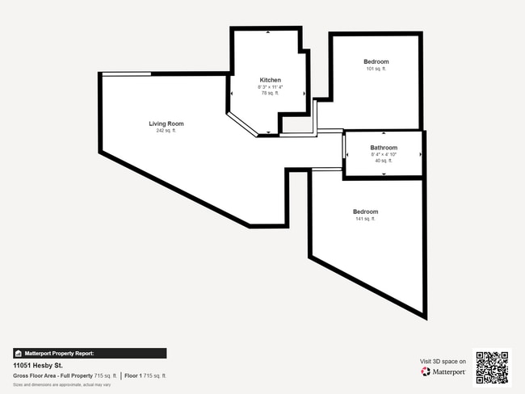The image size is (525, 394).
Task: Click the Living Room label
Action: coord(166,124)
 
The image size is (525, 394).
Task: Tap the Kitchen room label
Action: coord(270,80)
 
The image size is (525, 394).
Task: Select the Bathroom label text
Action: coord(384,148)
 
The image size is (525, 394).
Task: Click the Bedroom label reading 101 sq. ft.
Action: coord(376,62)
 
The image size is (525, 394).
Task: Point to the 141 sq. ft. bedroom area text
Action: coord(365,219)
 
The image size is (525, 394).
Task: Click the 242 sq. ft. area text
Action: coord(166,131)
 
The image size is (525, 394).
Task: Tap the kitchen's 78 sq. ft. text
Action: coord(270,94)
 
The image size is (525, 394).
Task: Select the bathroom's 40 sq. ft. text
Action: coord(384,161)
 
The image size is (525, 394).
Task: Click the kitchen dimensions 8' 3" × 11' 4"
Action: coord(270,87)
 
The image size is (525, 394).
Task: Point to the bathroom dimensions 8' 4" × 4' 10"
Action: coord(384,154)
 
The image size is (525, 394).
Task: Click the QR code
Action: coord(492,367)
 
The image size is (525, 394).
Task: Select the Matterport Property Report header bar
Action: coord(90,353)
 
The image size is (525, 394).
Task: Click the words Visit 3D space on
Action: coord(443,362)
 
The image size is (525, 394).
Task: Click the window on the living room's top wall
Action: coord(126,74)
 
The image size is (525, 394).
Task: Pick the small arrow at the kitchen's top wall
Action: coord(268,31)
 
